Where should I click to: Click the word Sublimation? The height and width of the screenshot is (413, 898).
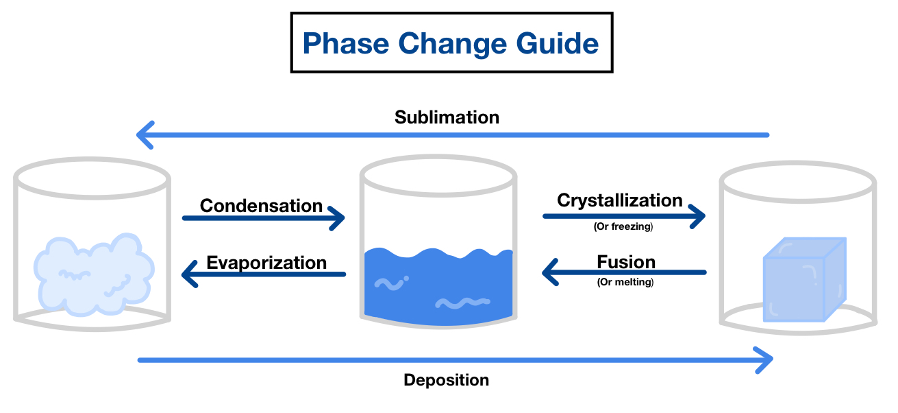click(x=447, y=117)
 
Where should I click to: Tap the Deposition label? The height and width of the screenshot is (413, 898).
click(x=446, y=380)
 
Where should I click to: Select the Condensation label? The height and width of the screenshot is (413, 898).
click(x=261, y=206)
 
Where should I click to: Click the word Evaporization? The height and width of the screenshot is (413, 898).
click(x=266, y=263)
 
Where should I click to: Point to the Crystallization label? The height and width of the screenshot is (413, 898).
click(x=619, y=200)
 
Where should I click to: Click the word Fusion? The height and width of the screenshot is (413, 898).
click(x=625, y=262)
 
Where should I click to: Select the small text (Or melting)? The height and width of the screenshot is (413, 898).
click(x=625, y=281)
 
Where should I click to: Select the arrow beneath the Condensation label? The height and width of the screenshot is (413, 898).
click(x=263, y=218)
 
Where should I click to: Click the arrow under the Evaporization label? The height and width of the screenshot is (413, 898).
click(x=263, y=274)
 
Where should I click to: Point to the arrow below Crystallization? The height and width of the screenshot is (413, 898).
click(x=623, y=216)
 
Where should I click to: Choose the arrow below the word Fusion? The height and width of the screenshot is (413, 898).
click(x=623, y=273)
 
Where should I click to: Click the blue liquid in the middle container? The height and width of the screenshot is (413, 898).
click(x=438, y=288)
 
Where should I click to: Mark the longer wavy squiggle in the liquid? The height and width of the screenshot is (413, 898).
click(x=463, y=303)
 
